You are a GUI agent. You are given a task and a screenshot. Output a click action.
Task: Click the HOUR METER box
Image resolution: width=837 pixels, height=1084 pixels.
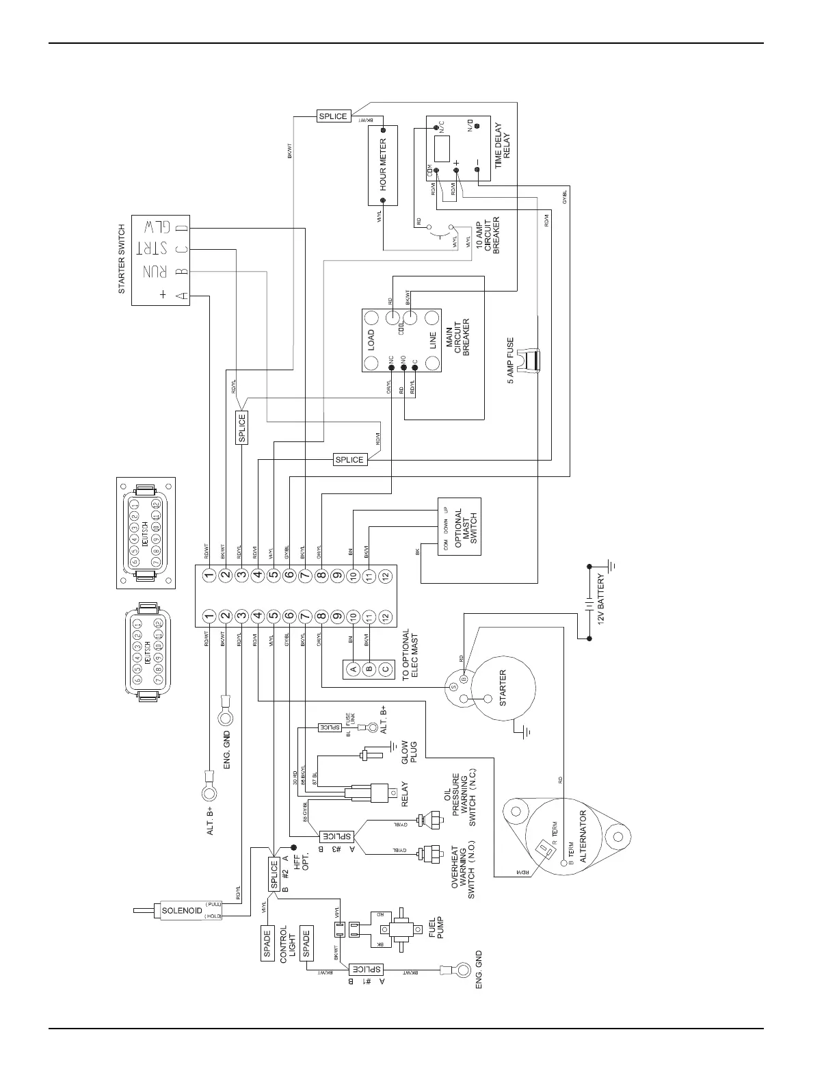coord(383,164)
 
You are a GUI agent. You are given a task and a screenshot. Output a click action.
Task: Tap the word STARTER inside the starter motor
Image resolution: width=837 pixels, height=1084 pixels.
coord(503,688)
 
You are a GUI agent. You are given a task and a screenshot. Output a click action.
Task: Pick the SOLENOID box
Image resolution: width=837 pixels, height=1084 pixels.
coord(181,910)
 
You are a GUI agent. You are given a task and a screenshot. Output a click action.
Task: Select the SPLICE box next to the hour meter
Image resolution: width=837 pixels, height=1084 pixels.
coord(333,116)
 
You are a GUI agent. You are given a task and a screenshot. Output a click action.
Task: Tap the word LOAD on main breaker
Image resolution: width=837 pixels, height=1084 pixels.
coord(371,340)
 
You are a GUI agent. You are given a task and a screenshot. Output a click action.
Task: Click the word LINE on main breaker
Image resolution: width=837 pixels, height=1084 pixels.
coord(432,340)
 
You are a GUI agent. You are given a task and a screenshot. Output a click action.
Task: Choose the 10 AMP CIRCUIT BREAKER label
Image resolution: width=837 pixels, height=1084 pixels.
coord(488,237)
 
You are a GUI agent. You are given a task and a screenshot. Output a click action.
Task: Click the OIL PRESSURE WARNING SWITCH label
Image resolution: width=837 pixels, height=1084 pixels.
coord(460,800)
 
